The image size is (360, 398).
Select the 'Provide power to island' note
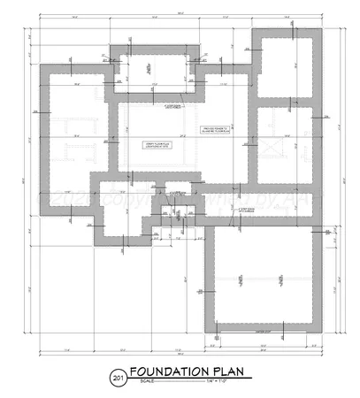click(x=215, y=131)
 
